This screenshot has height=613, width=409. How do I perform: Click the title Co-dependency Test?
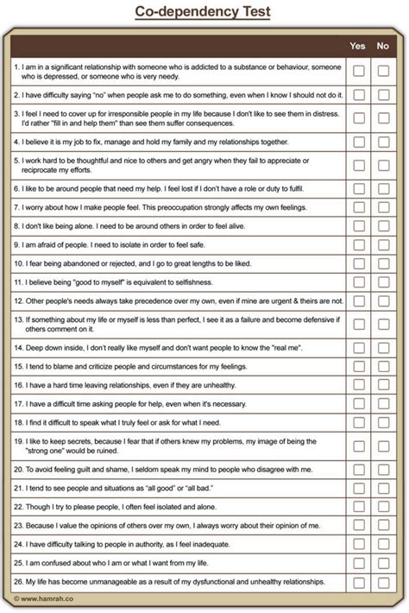coord(204,11)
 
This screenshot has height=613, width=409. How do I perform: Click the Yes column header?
coord(358,46)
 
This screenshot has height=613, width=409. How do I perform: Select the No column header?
coord(383,46)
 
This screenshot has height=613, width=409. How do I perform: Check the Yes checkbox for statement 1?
coord(358,71)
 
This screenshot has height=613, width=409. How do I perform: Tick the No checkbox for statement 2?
coord(383,95)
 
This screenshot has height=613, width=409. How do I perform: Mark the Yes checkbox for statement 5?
coord(358,166)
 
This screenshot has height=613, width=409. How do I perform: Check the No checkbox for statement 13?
coord(383,324)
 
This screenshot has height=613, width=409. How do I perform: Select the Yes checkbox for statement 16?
coord(358,384)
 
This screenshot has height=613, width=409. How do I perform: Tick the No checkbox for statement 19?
coord(383,446)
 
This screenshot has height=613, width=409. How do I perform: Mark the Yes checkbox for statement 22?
coord(358,507)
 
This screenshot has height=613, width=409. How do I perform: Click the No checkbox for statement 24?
coord(383,545)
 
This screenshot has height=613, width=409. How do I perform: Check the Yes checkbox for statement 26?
coord(358,583)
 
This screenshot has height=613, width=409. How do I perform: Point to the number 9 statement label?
coord(16,244)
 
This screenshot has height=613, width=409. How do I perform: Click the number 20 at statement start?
coord(18,470)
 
